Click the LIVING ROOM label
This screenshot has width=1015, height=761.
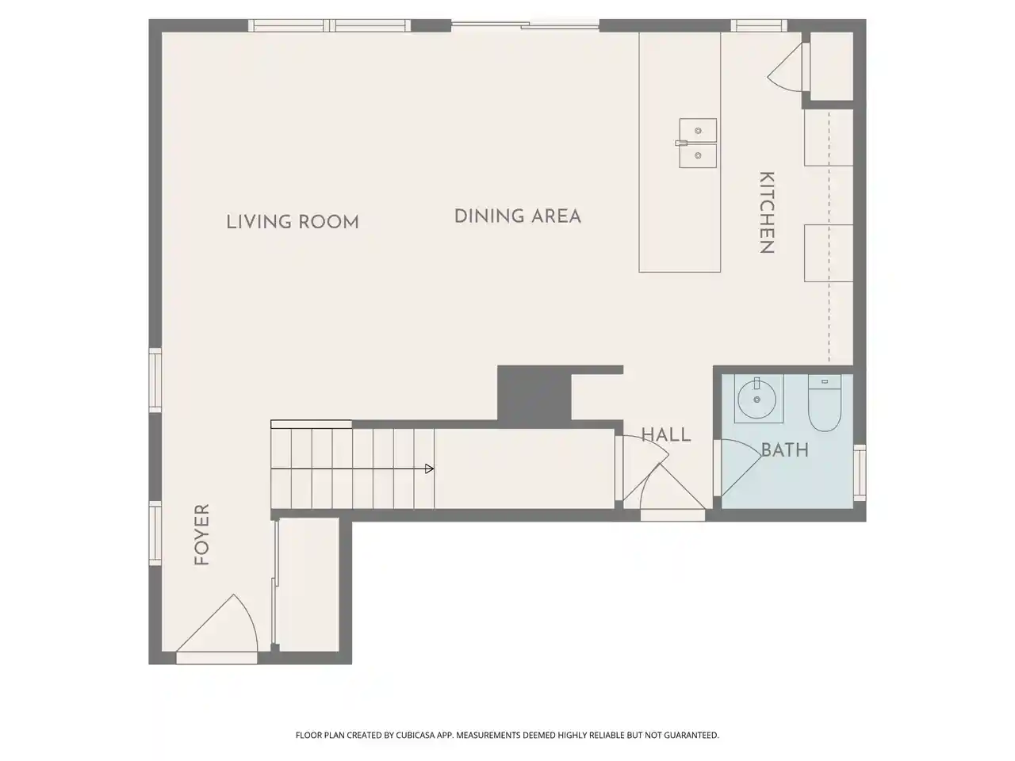tap(293, 222)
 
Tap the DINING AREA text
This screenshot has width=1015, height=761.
tap(518, 216)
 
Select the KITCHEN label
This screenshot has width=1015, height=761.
tap(767, 212)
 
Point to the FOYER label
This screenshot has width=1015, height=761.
tap(202, 534)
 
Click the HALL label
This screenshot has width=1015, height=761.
tap(666, 434)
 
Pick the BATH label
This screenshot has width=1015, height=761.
tap(785, 450)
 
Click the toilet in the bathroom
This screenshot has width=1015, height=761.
tap(824, 403)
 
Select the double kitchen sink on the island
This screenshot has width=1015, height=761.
tap(698, 143)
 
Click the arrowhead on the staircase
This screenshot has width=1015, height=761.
tap(430, 469)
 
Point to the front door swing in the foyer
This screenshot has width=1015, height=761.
tap(217, 624)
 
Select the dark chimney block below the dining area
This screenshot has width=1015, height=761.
tap(534, 392)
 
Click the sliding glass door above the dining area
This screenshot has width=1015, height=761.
tap(525, 25)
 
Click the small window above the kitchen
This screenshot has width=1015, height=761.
tap(758, 25)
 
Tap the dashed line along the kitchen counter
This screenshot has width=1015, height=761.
tap(829, 236)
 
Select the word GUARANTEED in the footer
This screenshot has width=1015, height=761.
tap(691, 735)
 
